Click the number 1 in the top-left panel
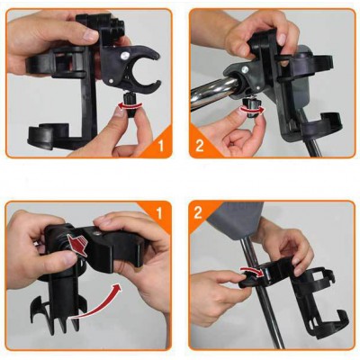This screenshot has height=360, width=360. coord(161,146)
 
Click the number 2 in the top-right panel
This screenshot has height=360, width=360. coord(200,146)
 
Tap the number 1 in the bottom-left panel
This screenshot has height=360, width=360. coord(159,213)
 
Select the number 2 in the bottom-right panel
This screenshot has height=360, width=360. coord(198,212)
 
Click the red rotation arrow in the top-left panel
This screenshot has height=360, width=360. coord(130,105)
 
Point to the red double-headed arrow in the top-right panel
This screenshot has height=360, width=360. coord(253,109)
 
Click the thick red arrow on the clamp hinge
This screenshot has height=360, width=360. coord(77,244)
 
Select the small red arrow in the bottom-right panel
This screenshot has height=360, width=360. coord(251,270)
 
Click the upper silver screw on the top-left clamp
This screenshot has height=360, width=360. coord(123,55)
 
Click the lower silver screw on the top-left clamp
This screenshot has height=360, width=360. coord(112,81)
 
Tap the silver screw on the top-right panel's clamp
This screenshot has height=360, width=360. coord(245,69)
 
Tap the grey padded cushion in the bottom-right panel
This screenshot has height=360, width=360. coord(237,218)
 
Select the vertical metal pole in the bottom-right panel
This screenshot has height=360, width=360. coord(261,295)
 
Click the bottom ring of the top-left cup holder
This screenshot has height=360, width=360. coord(49,137)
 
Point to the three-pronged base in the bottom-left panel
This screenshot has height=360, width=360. coord(56,313)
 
